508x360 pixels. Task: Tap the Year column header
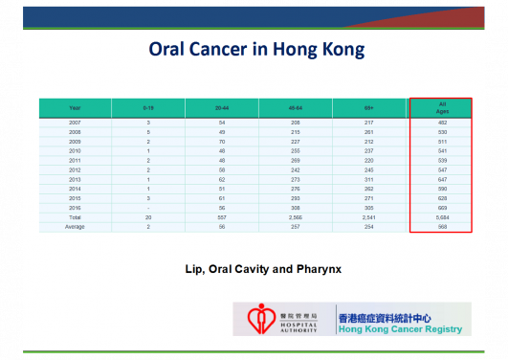75,108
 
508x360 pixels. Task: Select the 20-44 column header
221,108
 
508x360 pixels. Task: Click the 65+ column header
368,108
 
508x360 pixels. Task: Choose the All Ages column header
442,108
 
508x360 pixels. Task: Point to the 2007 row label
75,122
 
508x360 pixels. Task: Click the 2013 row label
75,179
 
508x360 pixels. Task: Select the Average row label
75,227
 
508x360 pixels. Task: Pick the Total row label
75,217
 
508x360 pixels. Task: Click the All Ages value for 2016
442,208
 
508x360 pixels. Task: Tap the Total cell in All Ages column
442,217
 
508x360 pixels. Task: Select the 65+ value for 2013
368,179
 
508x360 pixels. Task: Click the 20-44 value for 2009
221,141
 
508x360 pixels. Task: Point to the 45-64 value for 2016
295,208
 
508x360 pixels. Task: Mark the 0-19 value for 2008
148,131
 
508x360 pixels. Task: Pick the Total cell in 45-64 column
295,217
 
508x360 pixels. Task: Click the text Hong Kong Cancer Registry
399,329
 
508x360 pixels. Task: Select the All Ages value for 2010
442,150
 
